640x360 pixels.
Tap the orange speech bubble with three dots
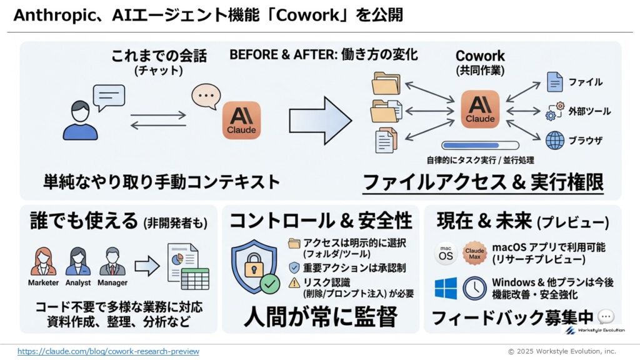206,96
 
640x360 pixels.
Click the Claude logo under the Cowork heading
481,108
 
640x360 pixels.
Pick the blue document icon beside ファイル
554,82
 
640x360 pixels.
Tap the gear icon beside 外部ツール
554,112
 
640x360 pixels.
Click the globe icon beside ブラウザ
554,140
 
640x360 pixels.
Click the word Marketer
43,282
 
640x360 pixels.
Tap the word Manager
112,282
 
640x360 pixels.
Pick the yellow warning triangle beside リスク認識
294,283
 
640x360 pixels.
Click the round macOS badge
446,254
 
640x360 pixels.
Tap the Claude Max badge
474,254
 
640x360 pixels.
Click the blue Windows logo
446,288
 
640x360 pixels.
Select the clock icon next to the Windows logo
474,288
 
